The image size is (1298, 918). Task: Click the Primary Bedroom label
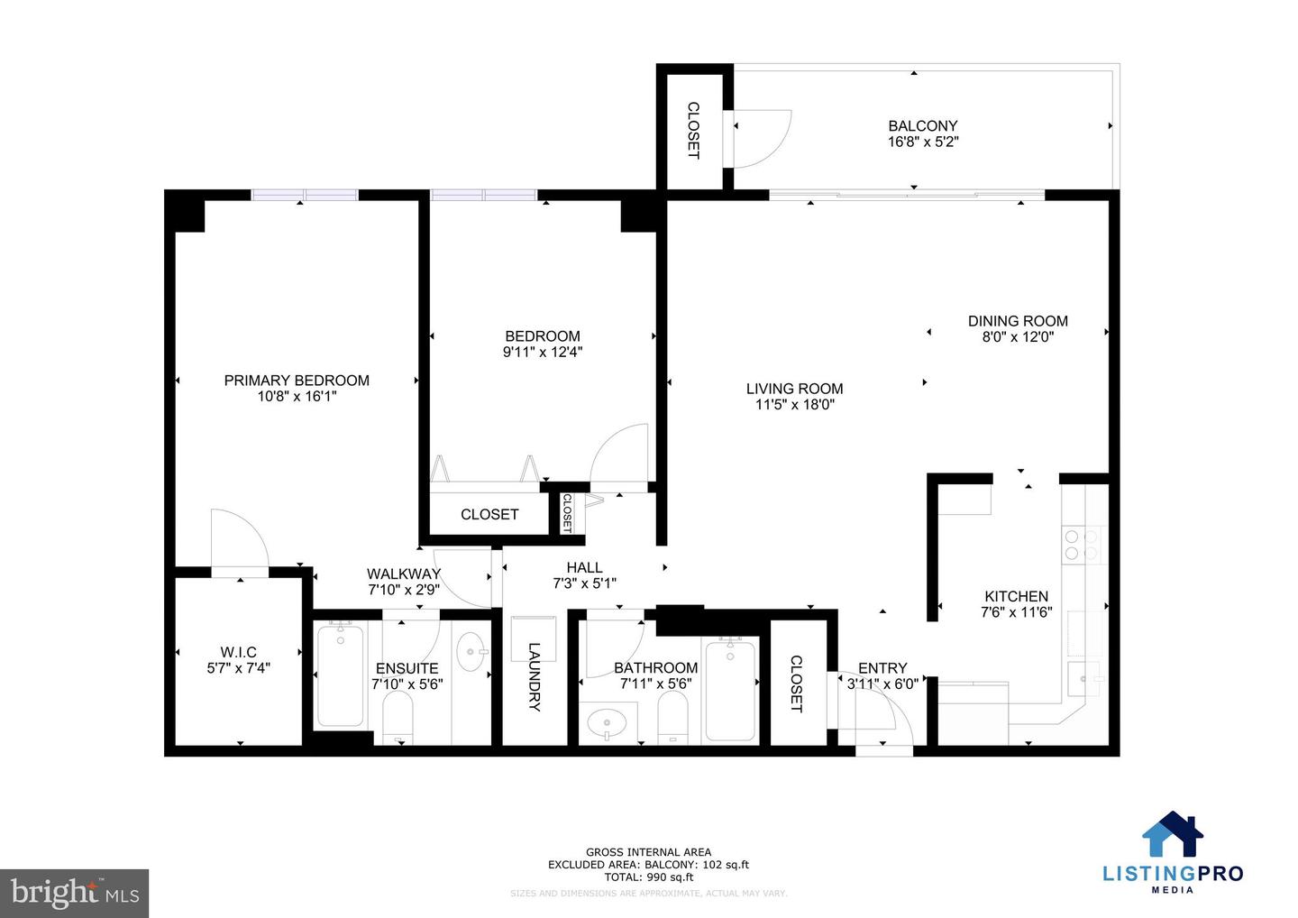coord(297,381)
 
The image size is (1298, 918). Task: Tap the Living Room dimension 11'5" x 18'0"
coord(794,405)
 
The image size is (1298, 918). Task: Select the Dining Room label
coord(1018,321)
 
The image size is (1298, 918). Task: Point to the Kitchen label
coord(1016,596)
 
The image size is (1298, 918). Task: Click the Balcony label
coord(922,126)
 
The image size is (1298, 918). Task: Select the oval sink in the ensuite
coord(471,651)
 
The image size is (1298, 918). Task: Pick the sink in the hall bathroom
coord(607,723)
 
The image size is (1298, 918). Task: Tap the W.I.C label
coord(239,652)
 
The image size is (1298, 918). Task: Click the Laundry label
coord(534,676)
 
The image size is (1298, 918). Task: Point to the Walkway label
coord(404,574)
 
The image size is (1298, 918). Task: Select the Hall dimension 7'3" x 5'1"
coord(584,583)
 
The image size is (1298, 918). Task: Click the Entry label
coord(882,668)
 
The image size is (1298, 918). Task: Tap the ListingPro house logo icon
coord(1173,834)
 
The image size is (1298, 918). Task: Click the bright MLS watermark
coord(75,893)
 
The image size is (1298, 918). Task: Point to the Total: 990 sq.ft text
coord(648,877)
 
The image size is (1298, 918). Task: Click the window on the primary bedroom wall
coord(305,195)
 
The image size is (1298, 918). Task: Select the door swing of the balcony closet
coord(762,138)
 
